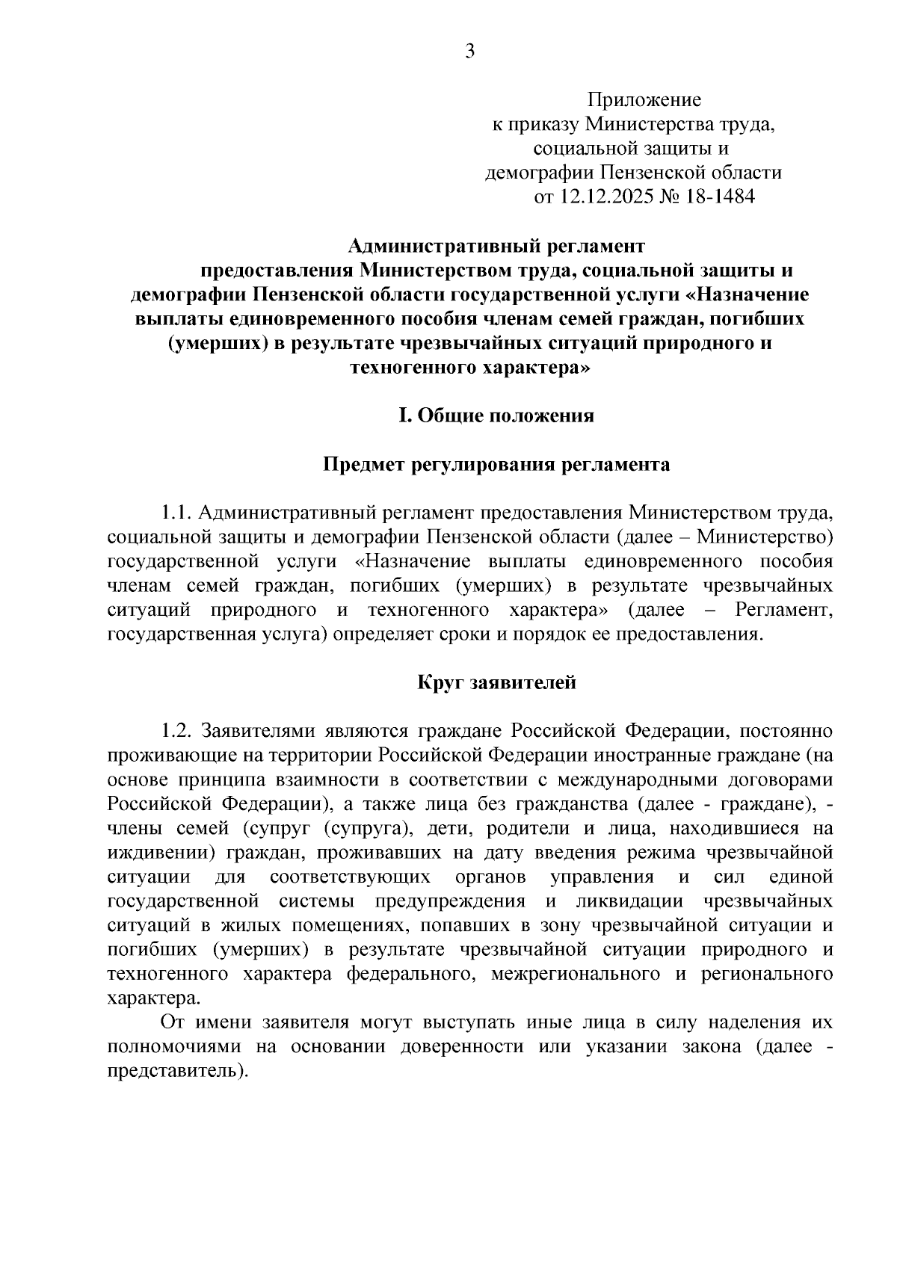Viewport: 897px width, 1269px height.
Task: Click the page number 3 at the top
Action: pos(470,51)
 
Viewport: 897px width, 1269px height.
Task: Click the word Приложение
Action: pos(644,99)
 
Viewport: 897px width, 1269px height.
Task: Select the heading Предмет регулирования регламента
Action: pos(496,465)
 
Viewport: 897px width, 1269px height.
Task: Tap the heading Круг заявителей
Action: pos(496,682)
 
